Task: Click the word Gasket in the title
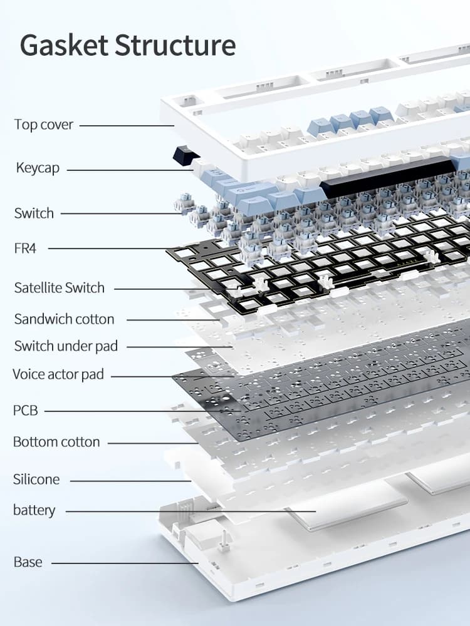pos(64,45)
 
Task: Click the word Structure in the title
pos(175,45)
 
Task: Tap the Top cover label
pos(44,125)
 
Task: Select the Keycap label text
pos(38,168)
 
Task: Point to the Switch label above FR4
pos(34,213)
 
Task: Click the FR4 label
pos(25,249)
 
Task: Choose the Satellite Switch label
pos(59,287)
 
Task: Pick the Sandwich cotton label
pos(64,319)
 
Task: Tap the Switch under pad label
pos(66,346)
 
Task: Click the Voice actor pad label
pos(58,374)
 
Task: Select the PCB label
pos(26,411)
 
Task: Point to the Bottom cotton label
pos(56,442)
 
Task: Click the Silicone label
pos(36,479)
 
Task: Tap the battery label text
pos(34,510)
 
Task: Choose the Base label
pos(28,562)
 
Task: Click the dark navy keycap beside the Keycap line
pos(186,155)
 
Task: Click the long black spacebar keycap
pos(389,177)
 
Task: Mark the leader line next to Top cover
pos(127,126)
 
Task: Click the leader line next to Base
pos(125,563)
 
